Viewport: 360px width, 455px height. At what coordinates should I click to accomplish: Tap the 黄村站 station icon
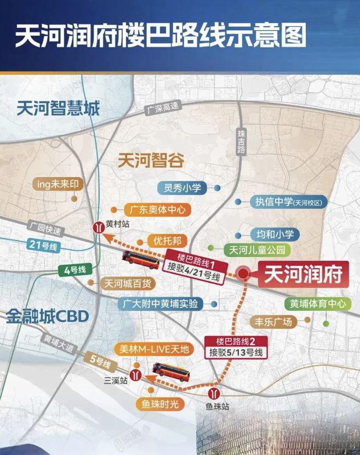[97, 226]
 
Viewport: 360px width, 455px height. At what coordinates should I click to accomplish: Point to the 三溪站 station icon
[137, 377]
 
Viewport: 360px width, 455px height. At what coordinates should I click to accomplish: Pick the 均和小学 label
[275, 234]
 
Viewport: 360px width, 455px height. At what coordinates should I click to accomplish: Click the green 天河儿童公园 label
[257, 251]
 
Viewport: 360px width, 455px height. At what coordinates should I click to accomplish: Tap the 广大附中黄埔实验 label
[161, 303]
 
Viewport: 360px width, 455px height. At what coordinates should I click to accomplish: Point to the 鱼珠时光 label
[160, 404]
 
